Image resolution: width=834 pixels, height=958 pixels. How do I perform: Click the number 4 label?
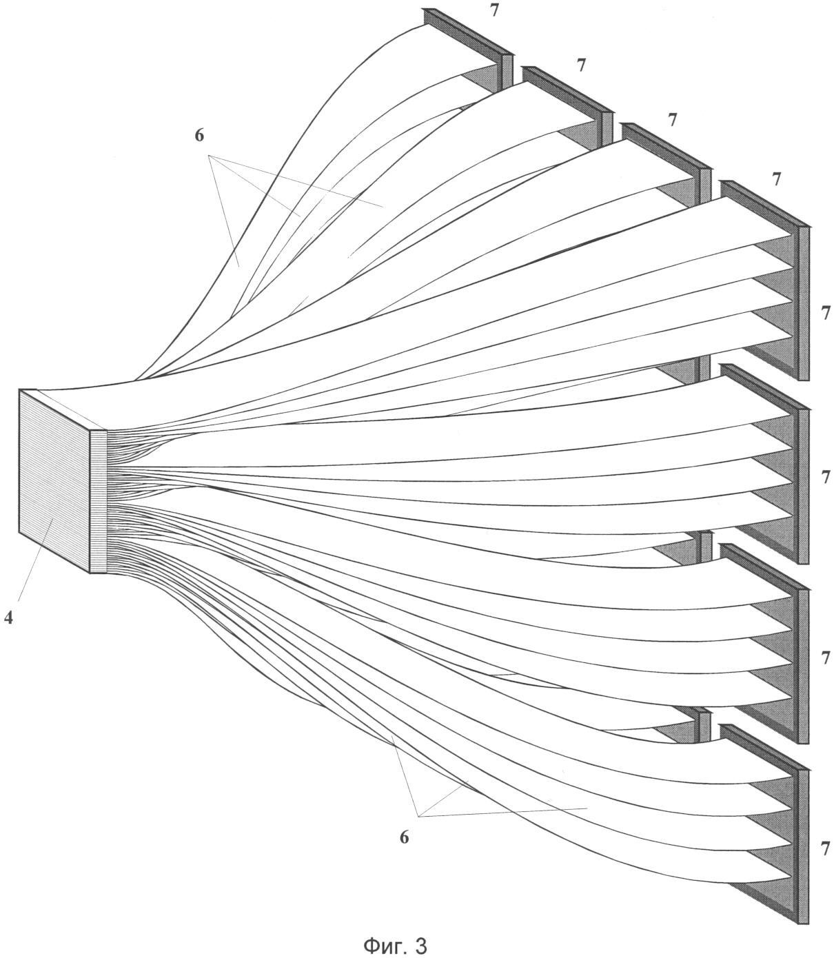click(x=8, y=617)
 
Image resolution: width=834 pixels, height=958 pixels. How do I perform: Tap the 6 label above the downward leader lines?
click(x=199, y=136)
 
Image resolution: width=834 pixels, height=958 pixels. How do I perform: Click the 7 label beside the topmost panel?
click(x=494, y=10)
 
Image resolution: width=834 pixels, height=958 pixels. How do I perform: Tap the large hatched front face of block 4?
click(x=54, y=481)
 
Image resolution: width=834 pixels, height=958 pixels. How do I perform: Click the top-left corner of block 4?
click(x=19, y=390)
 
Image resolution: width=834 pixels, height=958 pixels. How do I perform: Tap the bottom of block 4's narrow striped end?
click(x=99, y=573)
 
